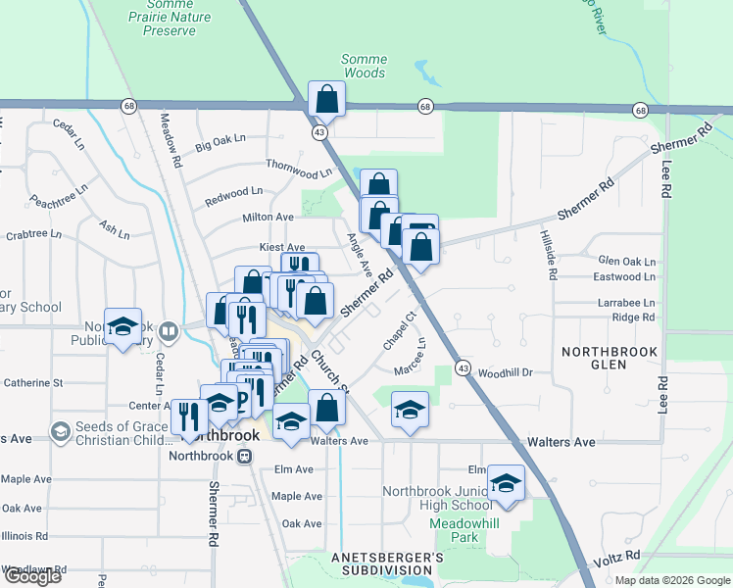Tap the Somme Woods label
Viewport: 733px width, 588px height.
[364, 66]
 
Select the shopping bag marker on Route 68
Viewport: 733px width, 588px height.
[327, 99]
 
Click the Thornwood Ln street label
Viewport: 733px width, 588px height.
[299, 169]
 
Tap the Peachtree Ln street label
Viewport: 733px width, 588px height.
[59, 193]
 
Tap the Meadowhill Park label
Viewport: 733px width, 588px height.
[454, 530]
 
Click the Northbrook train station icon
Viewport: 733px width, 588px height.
[246, 456]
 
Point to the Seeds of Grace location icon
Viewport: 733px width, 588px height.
[61, 430]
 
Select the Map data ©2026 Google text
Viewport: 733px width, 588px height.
[672, 580]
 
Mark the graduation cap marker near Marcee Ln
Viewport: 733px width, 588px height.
[410, 409]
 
